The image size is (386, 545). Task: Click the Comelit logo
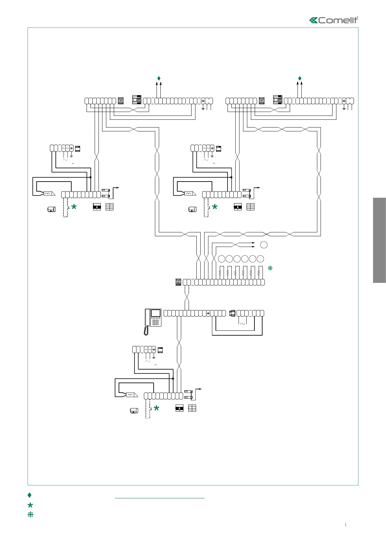pos(334,20)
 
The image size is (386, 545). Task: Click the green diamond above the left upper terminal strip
pos(159,78)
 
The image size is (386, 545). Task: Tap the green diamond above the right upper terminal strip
pos(300,78)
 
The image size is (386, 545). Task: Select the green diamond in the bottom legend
pos(29,495)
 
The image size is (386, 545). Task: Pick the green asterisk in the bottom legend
pos(30,505)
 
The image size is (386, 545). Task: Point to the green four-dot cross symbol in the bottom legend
pos(30,514)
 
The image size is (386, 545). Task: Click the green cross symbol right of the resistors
pos(270,268)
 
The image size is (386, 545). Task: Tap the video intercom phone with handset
pos(153,320)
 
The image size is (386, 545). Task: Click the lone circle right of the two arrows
pos(264,245)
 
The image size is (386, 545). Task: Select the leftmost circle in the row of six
pos(221,259)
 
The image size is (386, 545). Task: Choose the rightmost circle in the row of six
pos(260,259)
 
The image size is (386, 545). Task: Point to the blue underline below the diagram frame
pos(160,498)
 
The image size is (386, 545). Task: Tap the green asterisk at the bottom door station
pos(156,408)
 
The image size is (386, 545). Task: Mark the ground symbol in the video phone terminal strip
pos(208,313)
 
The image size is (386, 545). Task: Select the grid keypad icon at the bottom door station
pos(192,408)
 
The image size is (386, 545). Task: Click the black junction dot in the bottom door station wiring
pos(173,378)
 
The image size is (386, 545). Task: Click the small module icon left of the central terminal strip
pos(178,282)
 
